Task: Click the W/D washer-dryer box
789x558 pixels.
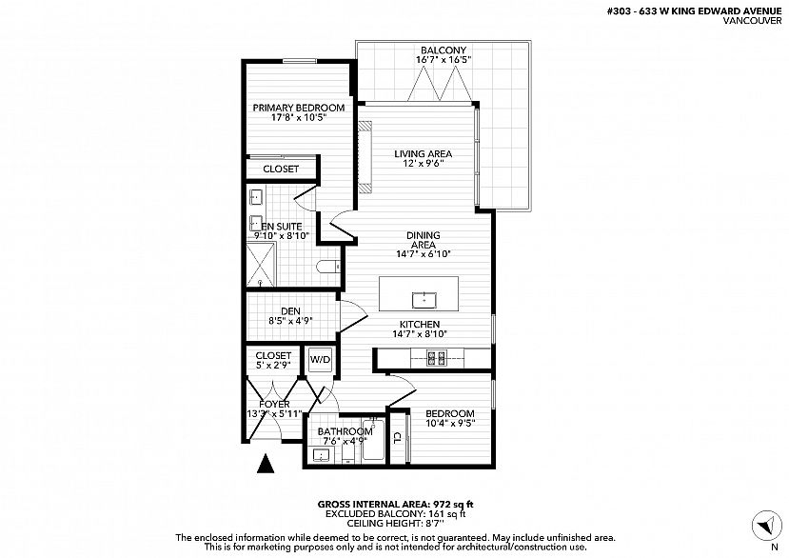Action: pos(320,360)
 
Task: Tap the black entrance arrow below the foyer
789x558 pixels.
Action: pos(266,464)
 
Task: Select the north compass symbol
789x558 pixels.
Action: pos(767,526)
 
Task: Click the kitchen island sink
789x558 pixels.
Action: pos(424,300)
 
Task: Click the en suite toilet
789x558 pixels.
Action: pos(327,267)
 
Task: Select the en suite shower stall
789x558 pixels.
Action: pos(261,265)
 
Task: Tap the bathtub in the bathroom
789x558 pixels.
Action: pos(373,440)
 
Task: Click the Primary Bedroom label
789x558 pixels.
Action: pos(299,108)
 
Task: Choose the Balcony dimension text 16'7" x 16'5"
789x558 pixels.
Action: pos(444,60)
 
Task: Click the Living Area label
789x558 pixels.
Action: pos(424,153)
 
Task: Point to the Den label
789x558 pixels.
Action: pos(291,311)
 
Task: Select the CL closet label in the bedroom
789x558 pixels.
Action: pos(397,437)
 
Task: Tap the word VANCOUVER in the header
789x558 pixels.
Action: pos(752,21)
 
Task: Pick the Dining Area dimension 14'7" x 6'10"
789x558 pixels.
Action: pos(424,254)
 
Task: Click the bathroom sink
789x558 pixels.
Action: pos(321,455)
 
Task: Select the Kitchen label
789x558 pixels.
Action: pos(420,325)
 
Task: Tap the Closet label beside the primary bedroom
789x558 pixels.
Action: pos(281,169)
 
